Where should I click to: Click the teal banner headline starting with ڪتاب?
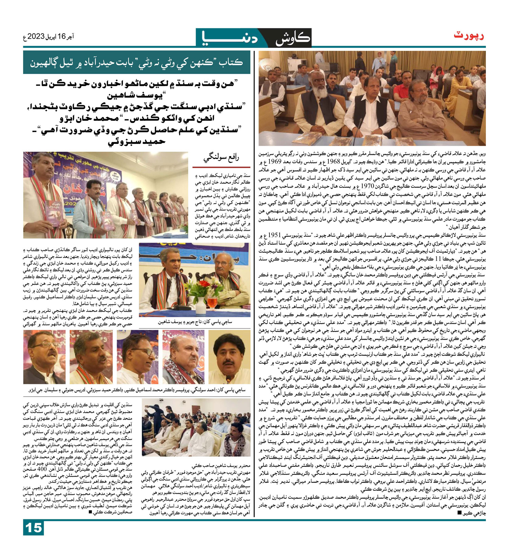(x=136, y=62)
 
